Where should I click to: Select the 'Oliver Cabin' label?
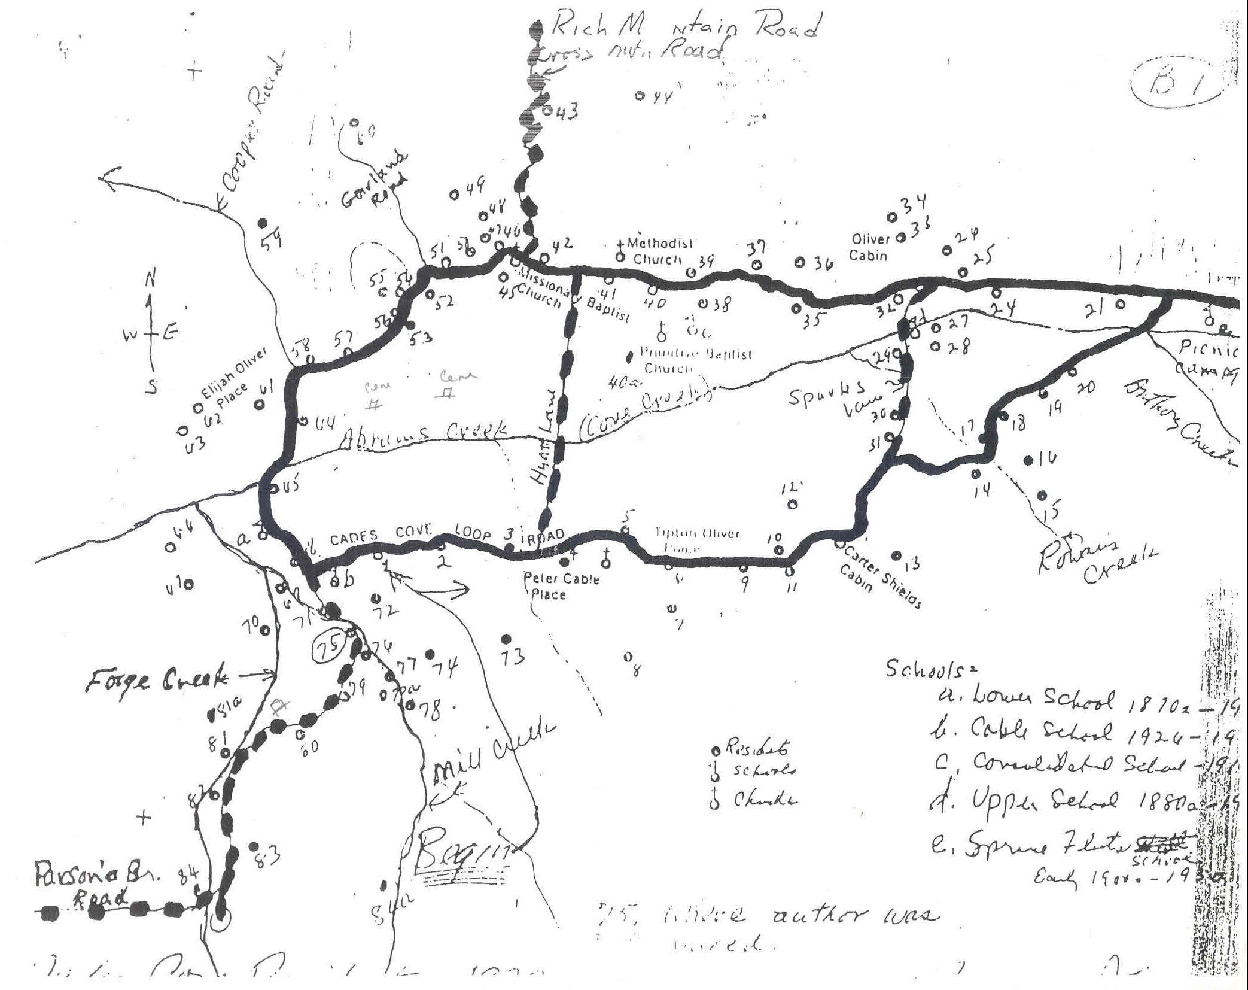click(x=870, y=247)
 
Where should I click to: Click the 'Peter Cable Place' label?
click(x=561, y=587)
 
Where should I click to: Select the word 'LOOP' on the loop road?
click(x=473, y=533)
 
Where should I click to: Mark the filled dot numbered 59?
click(x=261, y=223)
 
